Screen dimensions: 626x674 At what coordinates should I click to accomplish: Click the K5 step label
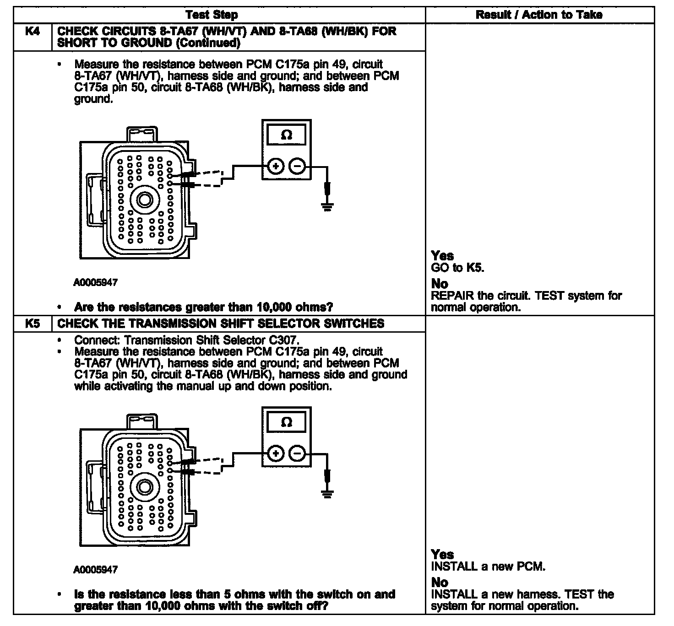[32, 324]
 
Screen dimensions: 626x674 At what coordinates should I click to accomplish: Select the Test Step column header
[212, 15]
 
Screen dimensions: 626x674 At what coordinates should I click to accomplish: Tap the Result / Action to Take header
[539, 15]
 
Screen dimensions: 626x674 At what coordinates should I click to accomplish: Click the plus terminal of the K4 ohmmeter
[275, 167]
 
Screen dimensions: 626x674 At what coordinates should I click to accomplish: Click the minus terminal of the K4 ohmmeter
[298, 167]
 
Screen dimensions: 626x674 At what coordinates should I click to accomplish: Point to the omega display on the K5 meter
[287, 422]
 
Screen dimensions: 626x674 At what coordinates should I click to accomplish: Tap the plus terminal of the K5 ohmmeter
[275, 454]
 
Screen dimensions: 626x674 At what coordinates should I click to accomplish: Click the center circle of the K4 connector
[145, 200]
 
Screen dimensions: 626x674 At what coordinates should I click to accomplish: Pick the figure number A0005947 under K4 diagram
[95, 283]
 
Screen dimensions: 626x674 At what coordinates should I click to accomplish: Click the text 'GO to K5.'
[457, 268]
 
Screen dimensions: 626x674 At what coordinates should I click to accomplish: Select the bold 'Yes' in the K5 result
[442, 555]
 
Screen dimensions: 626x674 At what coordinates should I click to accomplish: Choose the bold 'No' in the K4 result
[440, 284]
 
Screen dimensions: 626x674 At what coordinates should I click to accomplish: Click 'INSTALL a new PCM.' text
[488, 567]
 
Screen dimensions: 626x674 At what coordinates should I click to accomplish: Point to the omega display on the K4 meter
[287, 135]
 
